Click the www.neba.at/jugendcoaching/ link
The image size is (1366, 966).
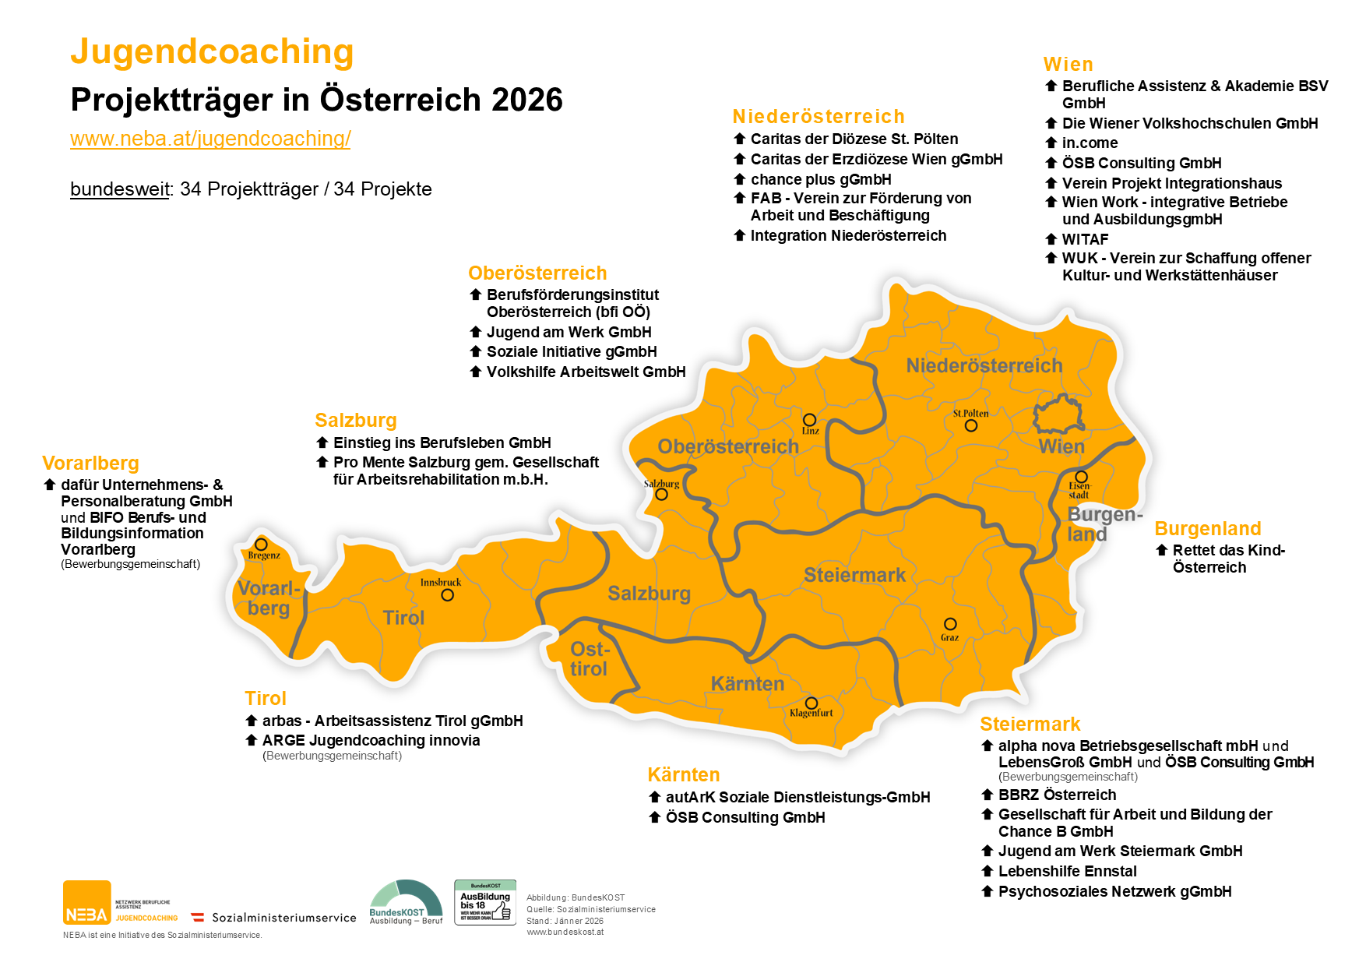(210, 139)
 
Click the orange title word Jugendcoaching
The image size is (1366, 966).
(212, 52)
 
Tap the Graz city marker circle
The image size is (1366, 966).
(950, 624)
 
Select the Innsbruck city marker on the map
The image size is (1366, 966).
(447, 595)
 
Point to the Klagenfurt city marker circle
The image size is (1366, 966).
(811, 703)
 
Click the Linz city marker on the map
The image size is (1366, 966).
(809, 420)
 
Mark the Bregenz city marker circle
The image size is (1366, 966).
(261, 545)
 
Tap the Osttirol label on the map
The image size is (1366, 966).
(589, 659)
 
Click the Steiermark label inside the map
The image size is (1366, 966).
(854, 575)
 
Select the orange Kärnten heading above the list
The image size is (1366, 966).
(683, 775)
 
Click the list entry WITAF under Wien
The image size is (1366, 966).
(1085, 239)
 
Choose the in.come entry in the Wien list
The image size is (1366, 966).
(1090, 143)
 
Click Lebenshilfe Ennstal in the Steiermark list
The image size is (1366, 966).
(1067, 871)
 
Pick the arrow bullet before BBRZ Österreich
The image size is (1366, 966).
(988, 795)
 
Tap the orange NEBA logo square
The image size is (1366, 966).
(86, 903)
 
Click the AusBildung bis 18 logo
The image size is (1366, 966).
(484, 903)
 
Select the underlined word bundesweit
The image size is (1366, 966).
(119, 189)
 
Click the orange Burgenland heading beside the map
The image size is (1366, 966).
(1207, 529)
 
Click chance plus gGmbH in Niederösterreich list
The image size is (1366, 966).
(820, 179)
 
